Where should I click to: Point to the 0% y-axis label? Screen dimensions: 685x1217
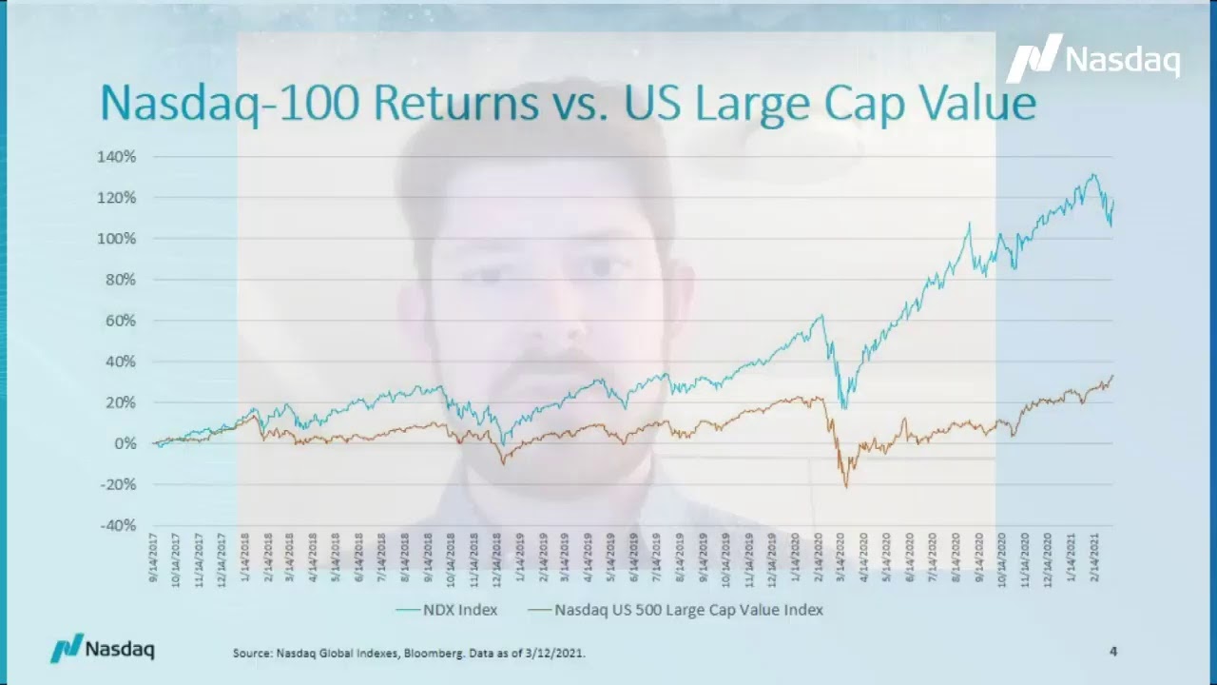point(126,443)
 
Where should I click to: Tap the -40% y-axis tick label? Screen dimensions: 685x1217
point(118,525)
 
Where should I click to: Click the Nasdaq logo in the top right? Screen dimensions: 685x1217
point(1093,59)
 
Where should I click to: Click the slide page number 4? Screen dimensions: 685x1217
point(1112,652)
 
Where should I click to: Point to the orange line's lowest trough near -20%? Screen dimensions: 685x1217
point(846,487)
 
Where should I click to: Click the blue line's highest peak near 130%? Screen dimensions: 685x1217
point(1094,175)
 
